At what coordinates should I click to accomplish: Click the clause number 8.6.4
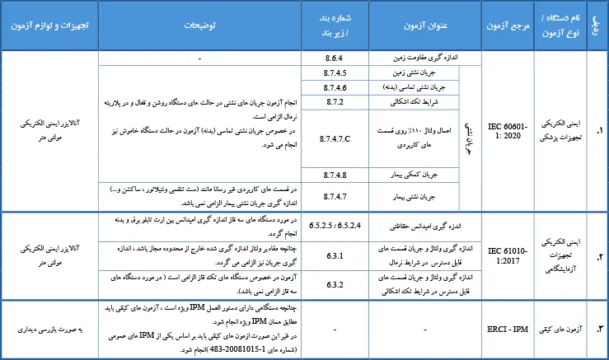335,58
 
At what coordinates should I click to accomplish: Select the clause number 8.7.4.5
335,72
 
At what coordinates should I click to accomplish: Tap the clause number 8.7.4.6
335,86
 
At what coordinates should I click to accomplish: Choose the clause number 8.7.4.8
335,174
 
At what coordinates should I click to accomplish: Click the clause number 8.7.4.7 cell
335,195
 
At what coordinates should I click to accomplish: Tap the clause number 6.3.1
335,256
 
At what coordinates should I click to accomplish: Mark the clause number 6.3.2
335,284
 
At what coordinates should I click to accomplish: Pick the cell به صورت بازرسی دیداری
49,330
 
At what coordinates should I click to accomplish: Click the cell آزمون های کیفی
557,330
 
